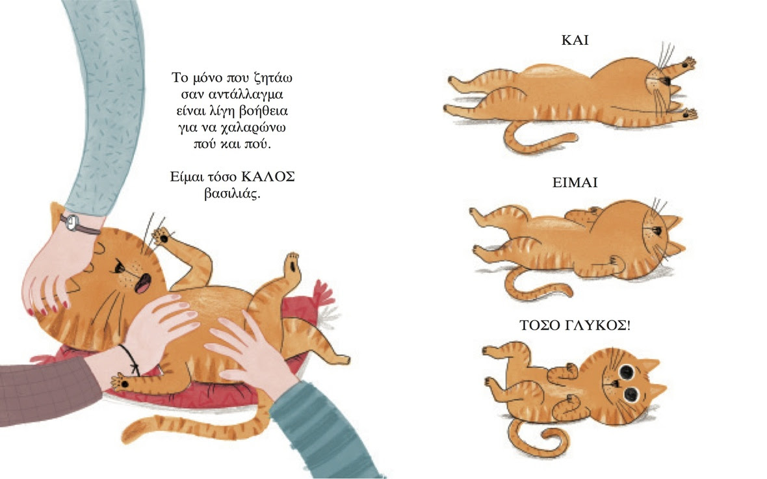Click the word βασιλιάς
pos(232,194)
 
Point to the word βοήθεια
pos(263,111)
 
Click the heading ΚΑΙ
pos(575,40)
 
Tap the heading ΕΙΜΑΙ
pos(575,183)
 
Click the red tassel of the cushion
pos(323,294)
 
